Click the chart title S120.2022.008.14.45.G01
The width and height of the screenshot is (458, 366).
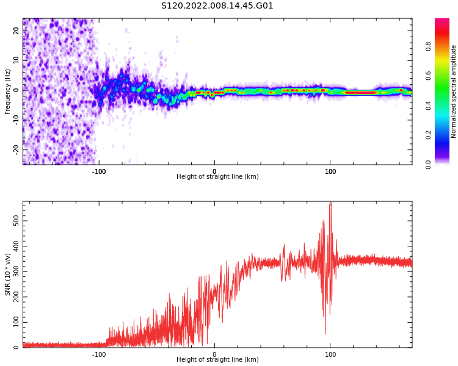click(x=217, y=6)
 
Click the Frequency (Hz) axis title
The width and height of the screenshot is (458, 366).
click(x=8, y=91)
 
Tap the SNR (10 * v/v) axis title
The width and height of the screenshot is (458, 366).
click(x=8, y=274)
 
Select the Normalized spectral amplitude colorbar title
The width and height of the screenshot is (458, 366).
click(x=454, y=91)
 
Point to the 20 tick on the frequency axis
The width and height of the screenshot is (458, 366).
click(x=16, y=30)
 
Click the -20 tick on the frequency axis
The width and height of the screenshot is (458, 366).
click(x=16, y=149)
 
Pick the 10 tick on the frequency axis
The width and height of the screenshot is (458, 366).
click(x=16, y=60)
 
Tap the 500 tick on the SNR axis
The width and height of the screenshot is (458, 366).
click(x=16, y=219)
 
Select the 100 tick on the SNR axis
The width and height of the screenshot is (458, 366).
click(x=16, y=321)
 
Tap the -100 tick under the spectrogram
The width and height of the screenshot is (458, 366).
click(x=99, y=171)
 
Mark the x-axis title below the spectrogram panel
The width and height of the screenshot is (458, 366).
click(x=217, y=177)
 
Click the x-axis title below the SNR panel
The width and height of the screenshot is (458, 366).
click(x=217, y=360)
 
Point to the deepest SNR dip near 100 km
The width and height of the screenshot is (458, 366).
click(x=325, y=333)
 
